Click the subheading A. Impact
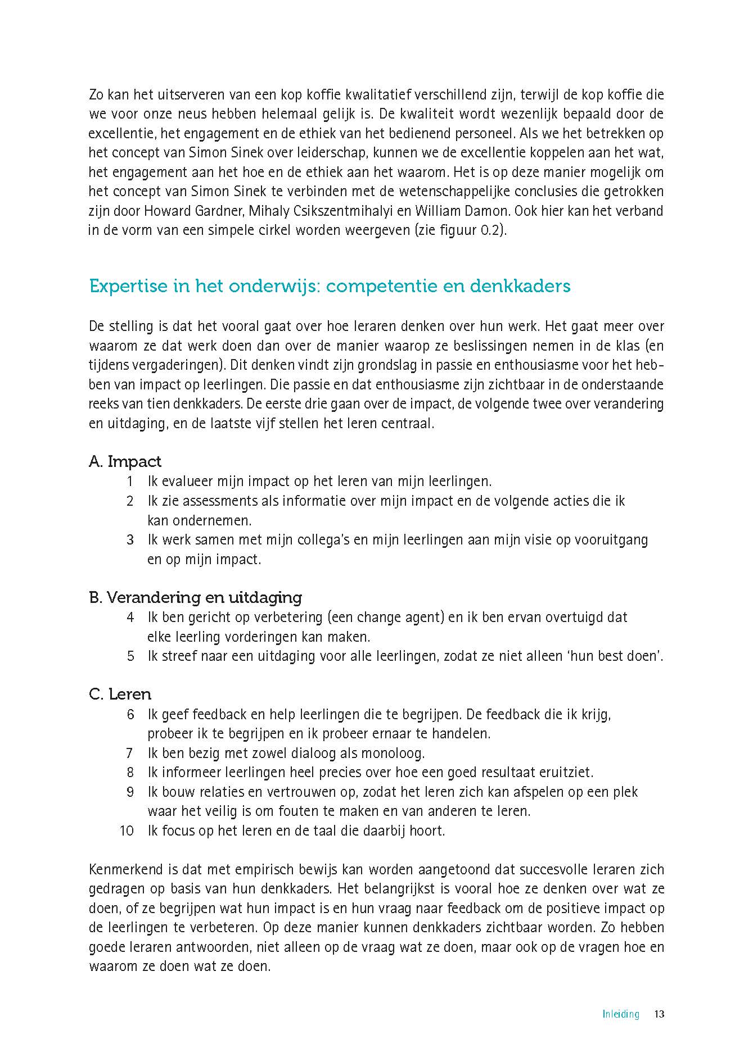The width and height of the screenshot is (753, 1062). pyautogui.click(x=125, y=462)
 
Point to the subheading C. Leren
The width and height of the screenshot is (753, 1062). pyautogui.click(x=120, y=695)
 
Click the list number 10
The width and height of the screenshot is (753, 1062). pyautogui.click(x=127, y=830)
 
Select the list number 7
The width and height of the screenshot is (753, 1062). pyautogui.click(x=130, y=753)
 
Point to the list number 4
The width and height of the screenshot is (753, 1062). pyautogui.click(x=130, y=617)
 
